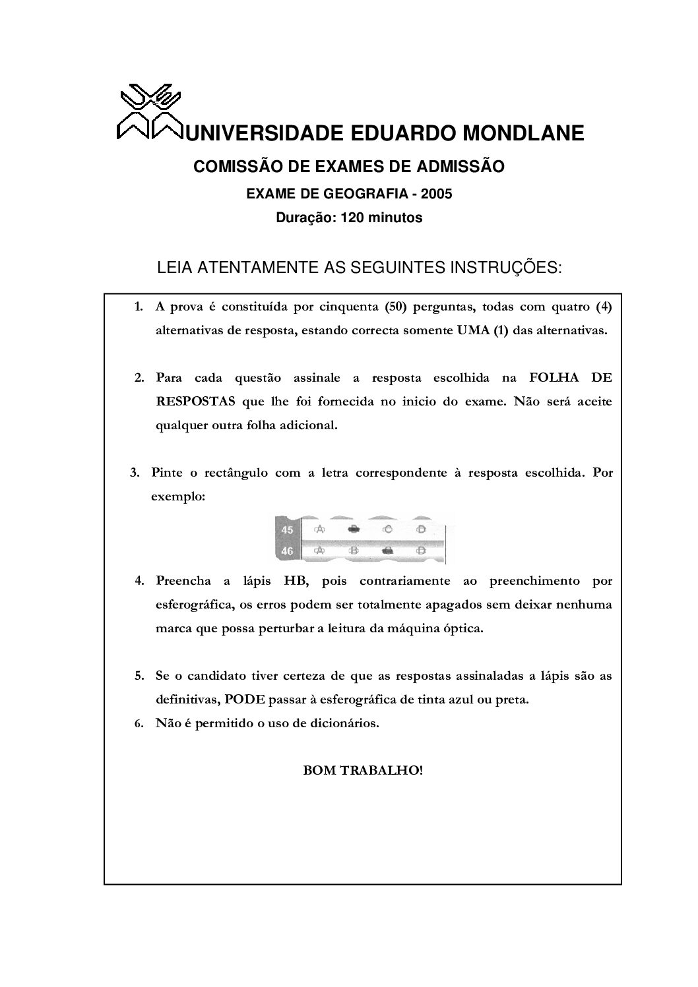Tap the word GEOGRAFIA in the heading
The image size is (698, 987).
click(362, 194)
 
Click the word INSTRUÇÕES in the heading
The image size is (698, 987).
click(505, 268)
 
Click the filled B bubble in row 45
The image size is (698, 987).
click(353, 529)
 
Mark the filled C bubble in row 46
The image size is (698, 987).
click(388, 550)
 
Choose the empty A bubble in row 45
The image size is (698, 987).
click(320, 529)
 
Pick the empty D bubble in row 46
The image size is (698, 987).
click(421, 550)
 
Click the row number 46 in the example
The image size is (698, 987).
click(287, 551)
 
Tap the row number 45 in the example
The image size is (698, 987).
click(287, 529)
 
